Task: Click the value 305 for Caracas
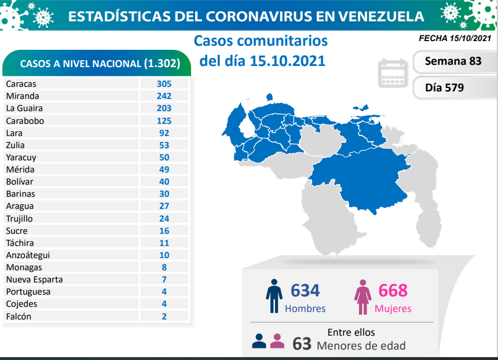pyautogui.click(x=164, y=83)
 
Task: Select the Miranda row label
pyautogui.click(x=23, y=95)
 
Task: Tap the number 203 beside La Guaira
pyautogui.click(x=164, y=108)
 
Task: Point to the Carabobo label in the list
pyautogui.click(x=25, y=120)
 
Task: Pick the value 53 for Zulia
pyautogui.click(x=164, y=145)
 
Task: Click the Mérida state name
pyautogui.click(x=20, y=170)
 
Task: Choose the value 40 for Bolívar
pyautogui.click(x=164, y=182)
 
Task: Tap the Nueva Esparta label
pyautogui.click(x=34, y=280)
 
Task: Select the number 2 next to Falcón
pyautogui.click(x=164, y=316)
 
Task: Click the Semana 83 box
pyautogui.click(x=452, y=61)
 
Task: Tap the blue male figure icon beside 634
pyautogui.click(x=274, y=297)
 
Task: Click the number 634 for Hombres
pyautogui.click(x=305, y=291)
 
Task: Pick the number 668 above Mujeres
pyautogui.click(x=393, y=291)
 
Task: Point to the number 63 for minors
pyautogui.click(x=301, y=343)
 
